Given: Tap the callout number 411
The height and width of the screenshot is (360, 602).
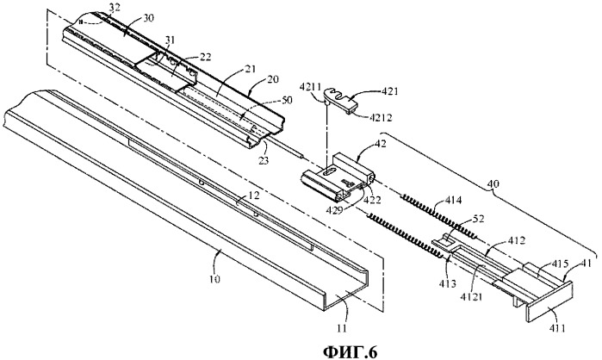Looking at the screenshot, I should (548, 318).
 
